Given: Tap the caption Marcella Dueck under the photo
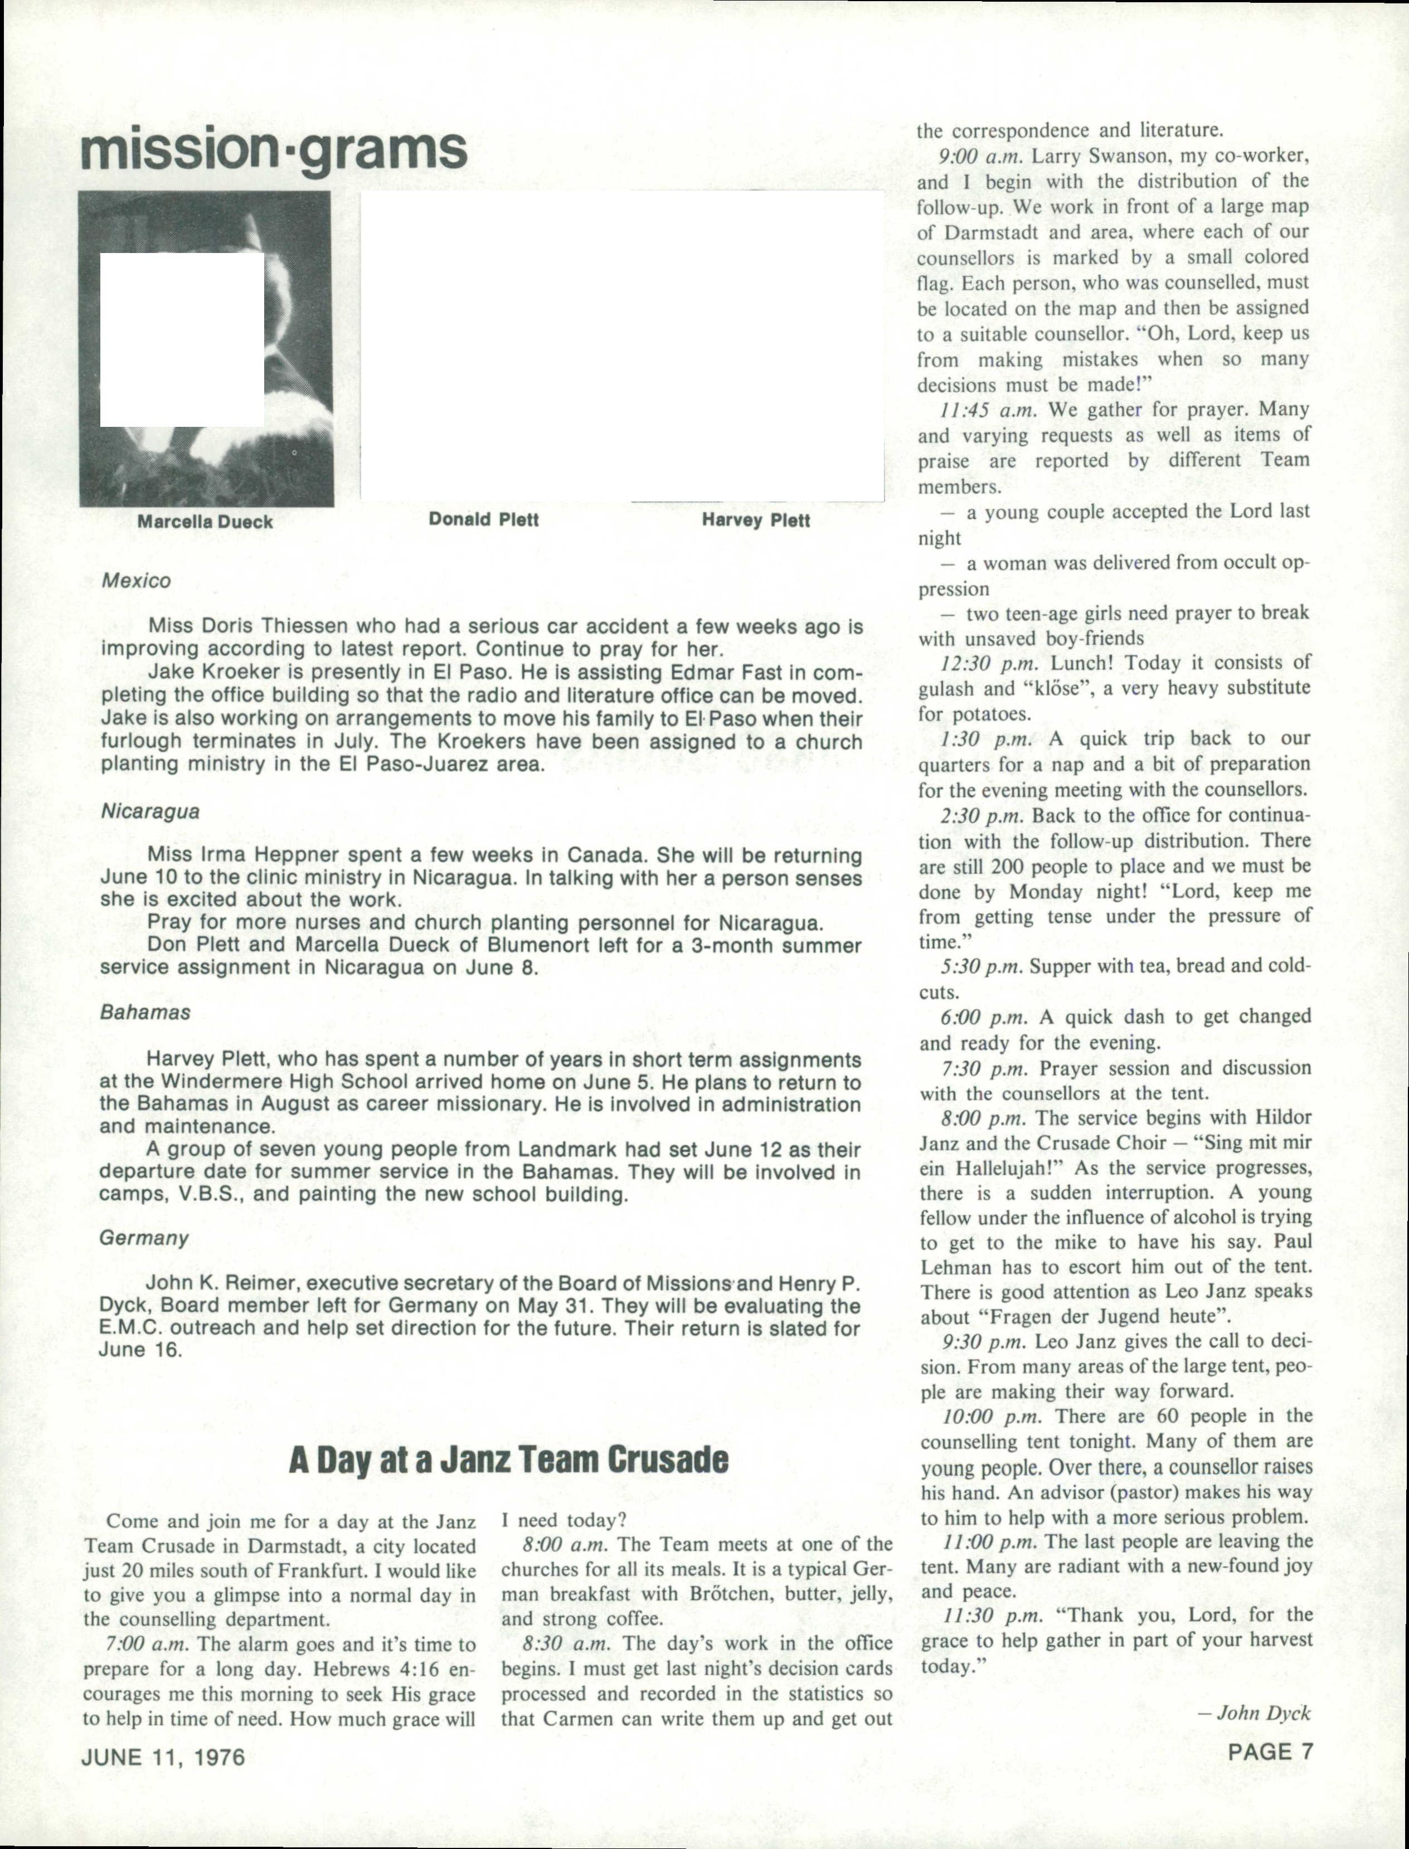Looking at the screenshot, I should (206, 522).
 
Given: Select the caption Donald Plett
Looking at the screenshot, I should (483, 519).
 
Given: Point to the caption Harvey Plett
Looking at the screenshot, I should (756, 520).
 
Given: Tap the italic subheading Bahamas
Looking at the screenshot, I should (145, 1012).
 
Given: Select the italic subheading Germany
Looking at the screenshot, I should (143, 1238).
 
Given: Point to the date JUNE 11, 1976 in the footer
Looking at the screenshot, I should (163, 1756).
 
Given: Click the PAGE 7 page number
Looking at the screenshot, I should (1270, 1751).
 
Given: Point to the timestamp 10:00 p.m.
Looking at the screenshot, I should (992, 1417).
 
